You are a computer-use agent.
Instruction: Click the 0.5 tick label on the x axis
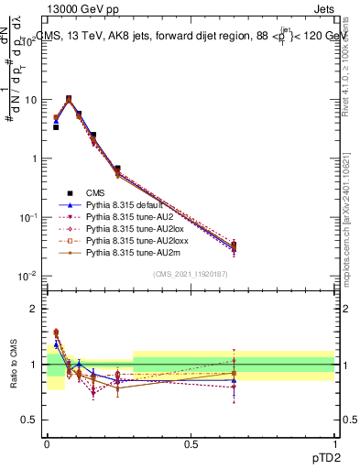pos(191,442)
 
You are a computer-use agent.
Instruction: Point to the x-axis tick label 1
pos(334,442)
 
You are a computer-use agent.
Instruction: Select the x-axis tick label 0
pos(47,442)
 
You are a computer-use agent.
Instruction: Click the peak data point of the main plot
pos(69,99)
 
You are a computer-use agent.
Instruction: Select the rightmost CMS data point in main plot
pos(234,245)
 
